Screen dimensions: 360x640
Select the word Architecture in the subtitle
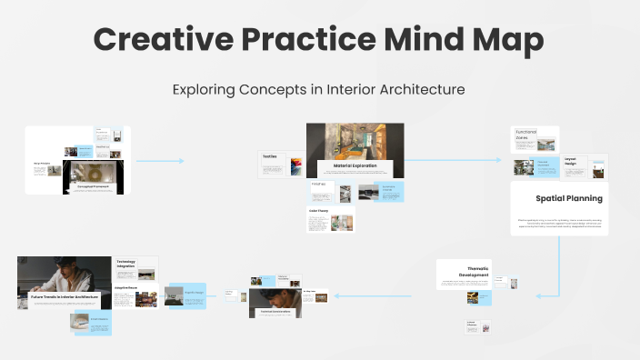point(423,90)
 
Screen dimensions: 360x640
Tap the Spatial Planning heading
point(568,197)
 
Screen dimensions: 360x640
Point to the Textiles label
point(270,156)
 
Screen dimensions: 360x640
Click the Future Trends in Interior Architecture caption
point(64,297)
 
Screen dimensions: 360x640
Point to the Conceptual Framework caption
point(93,186)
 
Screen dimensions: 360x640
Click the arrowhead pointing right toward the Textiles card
point(181,161)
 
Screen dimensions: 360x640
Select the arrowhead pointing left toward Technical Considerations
point(336,295)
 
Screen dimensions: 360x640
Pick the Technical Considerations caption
point(276,310)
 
